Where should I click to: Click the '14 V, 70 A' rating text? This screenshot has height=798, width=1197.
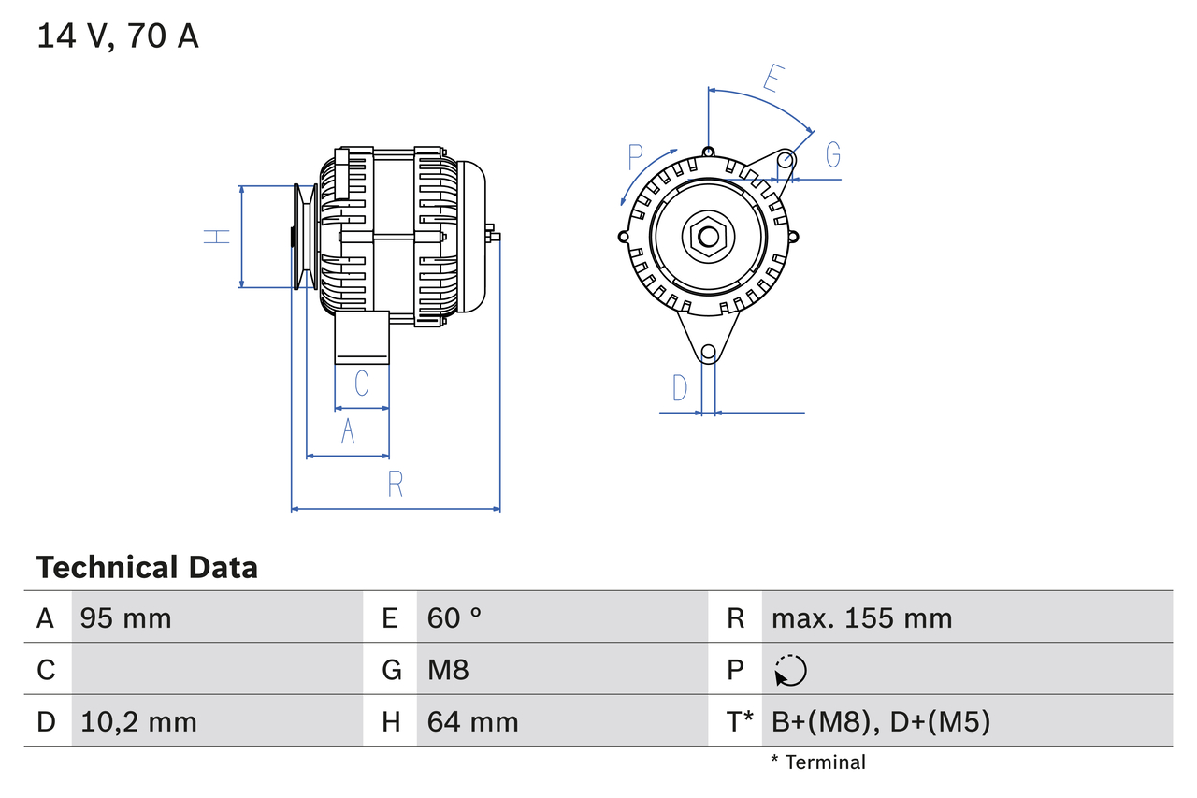118,36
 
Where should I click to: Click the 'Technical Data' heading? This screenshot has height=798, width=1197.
147,567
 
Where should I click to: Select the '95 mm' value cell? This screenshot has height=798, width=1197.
125,617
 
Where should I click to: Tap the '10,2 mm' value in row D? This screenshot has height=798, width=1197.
138,721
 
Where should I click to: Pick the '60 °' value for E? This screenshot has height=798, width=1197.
454,617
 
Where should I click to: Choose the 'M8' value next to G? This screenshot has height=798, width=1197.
448,670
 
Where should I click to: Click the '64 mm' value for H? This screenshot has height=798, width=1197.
472,721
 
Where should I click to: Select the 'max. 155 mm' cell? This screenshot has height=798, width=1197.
861,617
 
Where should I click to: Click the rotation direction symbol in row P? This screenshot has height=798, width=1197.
790,670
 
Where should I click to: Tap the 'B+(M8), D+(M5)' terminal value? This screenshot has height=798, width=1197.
880,721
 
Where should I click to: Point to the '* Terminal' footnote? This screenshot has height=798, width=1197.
818,762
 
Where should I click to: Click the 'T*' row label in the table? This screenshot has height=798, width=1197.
739,721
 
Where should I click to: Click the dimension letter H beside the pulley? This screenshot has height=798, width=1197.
218,236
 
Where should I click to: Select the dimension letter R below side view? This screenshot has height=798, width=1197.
395,484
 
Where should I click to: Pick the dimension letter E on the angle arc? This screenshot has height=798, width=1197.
772,79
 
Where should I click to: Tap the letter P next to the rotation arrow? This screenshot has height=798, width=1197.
636,155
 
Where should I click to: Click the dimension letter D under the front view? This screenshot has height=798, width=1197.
680,387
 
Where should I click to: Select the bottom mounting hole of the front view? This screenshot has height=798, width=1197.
709,352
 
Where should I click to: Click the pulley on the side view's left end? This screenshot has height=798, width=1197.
304,236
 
